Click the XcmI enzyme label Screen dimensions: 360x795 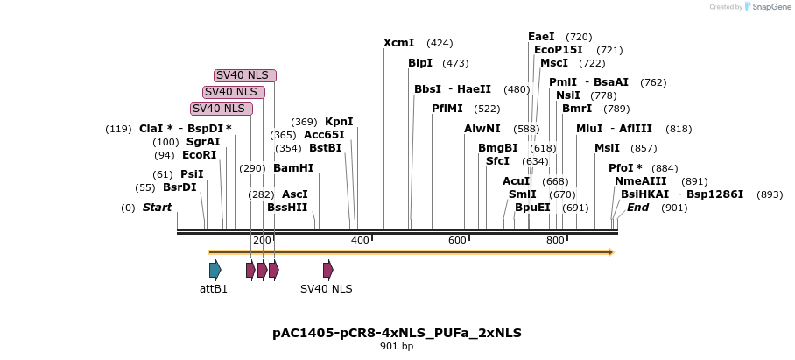pos(398,43)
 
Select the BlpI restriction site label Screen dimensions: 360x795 pos(420,63)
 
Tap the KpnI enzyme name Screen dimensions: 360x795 pos(339,122)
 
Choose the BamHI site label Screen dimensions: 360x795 pos(293,167)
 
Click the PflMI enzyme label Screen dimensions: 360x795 pos(447,109)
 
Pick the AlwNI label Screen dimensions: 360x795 pos(482,129)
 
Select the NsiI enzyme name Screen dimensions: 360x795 pos(568,95)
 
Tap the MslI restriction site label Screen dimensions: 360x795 pos(607,148)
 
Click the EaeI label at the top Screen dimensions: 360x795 pos(541,37)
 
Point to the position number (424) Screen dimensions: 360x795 pos(440,43)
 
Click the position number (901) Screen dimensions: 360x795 pos(674,208)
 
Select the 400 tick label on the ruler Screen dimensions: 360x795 pos(360,240)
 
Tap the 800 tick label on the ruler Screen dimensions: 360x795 pos(556,240)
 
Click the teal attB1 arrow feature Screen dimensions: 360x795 pos(215,270)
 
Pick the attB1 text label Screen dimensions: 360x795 pos(213,288)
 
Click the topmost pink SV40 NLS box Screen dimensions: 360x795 pos(245,75)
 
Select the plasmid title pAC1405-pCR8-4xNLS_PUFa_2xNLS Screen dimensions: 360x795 pos(397,334)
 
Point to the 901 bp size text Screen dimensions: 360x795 pos(397,347)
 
